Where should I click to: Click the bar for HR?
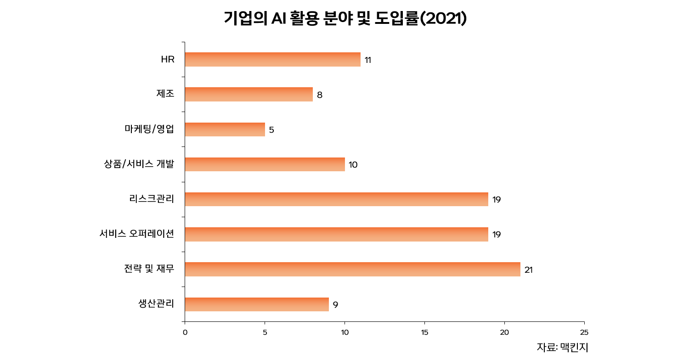[272, 60]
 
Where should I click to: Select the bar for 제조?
[248, 95]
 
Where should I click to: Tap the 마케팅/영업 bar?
[225, 129]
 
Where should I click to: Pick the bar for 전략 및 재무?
[352, 270]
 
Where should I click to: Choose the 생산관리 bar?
[257, 304]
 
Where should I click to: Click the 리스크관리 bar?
[336, 199]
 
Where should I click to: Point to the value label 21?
[528, 270]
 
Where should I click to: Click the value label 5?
[271, 130]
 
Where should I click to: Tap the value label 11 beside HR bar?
[368, 60]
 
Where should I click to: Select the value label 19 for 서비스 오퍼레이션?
[497, 235]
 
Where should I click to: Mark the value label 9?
[335, 305]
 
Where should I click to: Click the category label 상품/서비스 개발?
[139, 164]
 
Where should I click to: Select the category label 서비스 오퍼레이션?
[137, 234]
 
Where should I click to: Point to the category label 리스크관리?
[152, 199]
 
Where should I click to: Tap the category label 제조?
[165, 94]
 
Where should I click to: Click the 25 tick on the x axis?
[584, 332]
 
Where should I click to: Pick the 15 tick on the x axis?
[424, 332]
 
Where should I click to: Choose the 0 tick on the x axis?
[185, 332]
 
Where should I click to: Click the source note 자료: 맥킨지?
[562, 347]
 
